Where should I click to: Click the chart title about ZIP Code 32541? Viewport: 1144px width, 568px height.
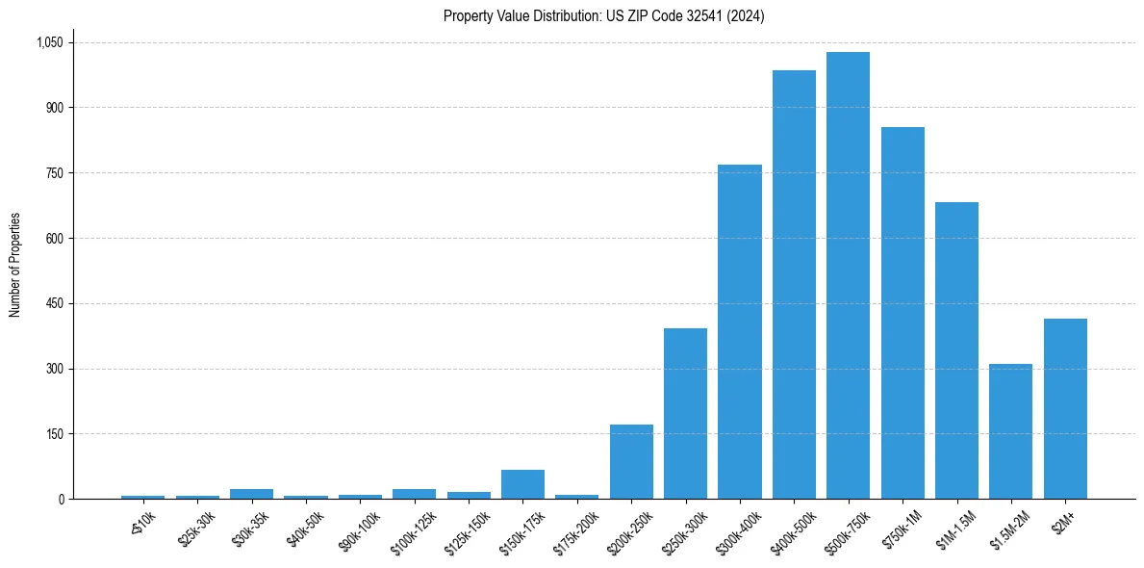603,16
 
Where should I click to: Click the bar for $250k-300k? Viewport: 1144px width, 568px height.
685,414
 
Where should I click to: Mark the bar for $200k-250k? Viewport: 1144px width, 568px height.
631,462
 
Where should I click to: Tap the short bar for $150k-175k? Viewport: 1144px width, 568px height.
522,484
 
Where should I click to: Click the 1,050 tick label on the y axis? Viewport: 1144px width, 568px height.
49,42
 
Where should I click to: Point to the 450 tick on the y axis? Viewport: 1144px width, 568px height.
54,303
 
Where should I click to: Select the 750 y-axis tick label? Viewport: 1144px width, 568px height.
54,173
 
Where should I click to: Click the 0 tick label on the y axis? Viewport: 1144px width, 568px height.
61,499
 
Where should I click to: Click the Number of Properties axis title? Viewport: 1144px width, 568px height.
15,265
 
